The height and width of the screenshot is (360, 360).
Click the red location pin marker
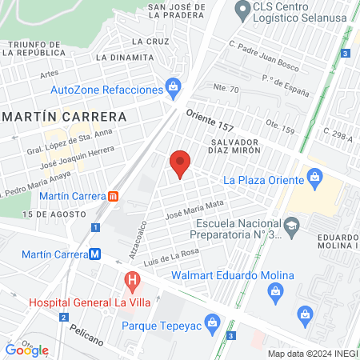coord(181,165)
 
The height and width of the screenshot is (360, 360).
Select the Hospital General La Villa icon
coord(133,282)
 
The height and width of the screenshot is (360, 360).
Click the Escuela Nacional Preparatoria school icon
coord(292,225)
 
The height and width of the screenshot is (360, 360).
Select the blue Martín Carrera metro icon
coord(95,254)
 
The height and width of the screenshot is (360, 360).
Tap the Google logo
coord(26,350)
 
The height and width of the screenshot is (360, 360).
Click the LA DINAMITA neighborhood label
coord(124,58)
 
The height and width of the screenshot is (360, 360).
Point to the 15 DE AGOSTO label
coord(54,215)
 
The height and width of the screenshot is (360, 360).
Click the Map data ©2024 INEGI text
coord(312,354)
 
